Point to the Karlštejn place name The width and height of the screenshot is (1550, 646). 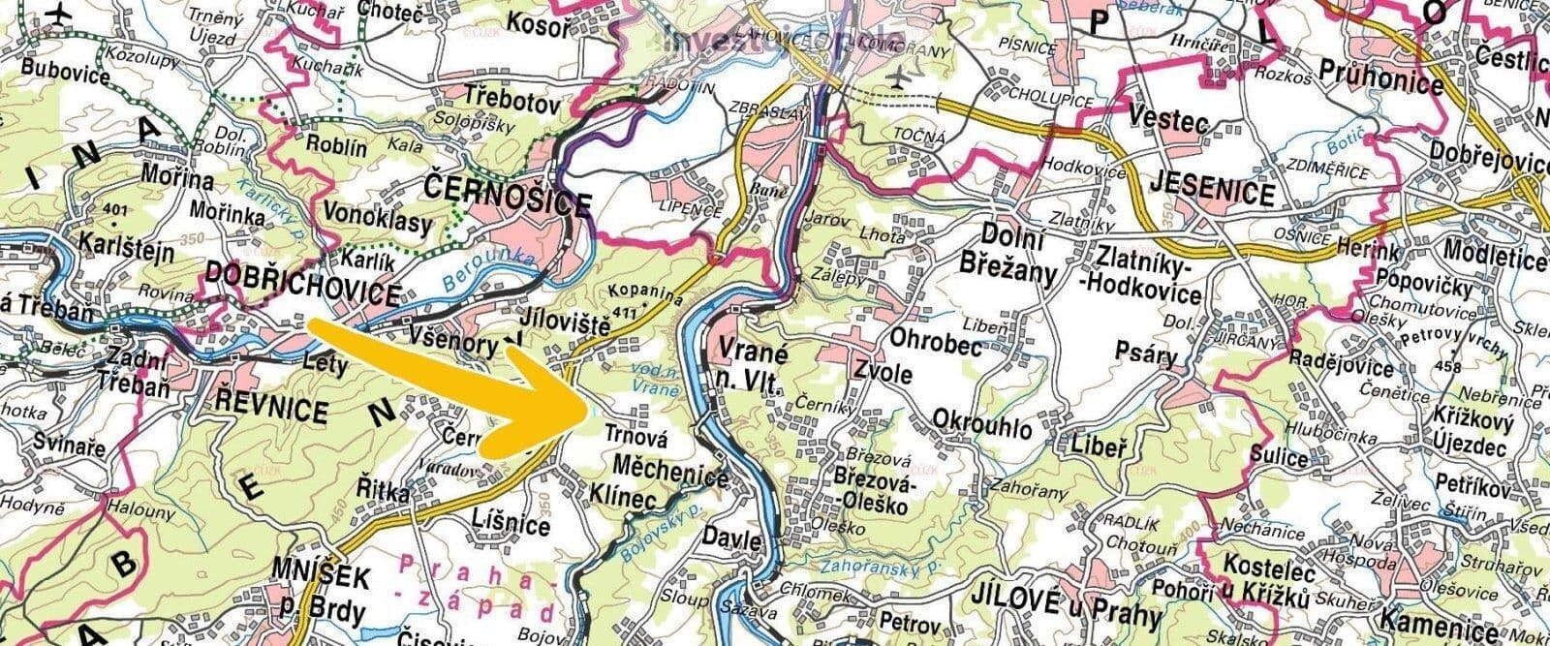click(127, 253)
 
